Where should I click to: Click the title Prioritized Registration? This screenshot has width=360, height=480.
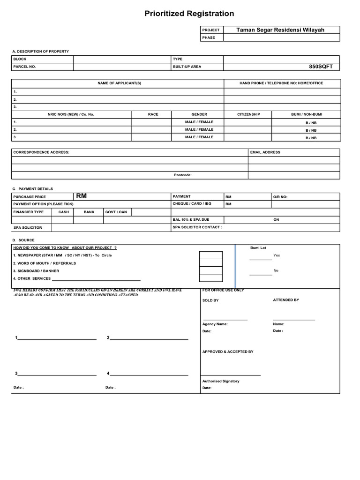click(189, 14)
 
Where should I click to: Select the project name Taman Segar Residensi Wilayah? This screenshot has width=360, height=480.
click(280, 30)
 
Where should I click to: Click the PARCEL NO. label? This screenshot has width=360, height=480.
click(24, 67)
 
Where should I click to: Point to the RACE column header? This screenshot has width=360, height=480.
click(153, 114)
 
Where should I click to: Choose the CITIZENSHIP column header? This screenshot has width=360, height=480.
click(248, 114)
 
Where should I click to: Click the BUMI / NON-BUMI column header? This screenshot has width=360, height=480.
click(307, 114)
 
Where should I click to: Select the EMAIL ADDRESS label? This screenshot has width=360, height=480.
click(265, 152)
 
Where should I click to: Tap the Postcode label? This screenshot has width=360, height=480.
click(183, 175)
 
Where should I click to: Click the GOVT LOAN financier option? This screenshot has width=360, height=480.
click(116, 212)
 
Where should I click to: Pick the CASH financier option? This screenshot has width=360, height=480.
click(63, 212)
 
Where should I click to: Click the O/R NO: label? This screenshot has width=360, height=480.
click(280, 197)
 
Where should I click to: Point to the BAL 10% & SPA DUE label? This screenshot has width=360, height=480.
click(191, 219)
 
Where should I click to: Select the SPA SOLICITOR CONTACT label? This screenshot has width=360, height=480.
click(197, 227)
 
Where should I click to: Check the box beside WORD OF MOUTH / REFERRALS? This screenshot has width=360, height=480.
click(210, 263)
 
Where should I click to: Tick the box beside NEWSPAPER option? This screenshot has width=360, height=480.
click(210, 255)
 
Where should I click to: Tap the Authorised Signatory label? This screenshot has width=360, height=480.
click(221, 381)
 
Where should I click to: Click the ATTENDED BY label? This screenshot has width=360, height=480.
click(286, 300)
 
